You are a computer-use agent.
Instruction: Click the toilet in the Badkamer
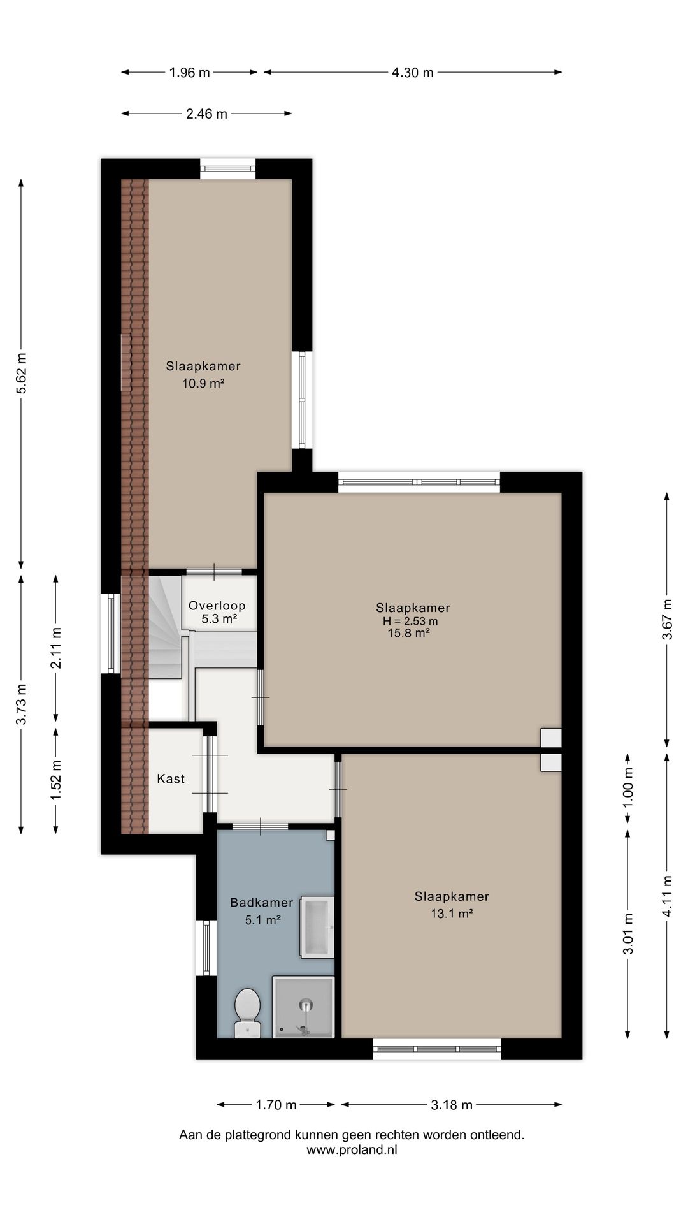point(247,1013)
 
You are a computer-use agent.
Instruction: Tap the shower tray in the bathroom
point(304,1007)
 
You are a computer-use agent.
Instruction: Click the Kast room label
point(171,778)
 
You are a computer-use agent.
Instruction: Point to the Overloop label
point(217,606)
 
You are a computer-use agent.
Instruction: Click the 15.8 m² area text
point(408,633)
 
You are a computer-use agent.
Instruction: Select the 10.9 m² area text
point(203,383)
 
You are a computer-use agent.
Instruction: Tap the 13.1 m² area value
point(452,914)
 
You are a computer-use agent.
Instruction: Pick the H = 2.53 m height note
point(410,621)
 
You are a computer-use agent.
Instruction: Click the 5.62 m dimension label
point(22,374)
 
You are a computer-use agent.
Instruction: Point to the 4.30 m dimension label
point(412,73)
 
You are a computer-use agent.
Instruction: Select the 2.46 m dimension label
point(206,114)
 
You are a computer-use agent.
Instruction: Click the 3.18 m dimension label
point(452,1105)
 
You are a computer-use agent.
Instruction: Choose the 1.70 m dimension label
point(276,1105)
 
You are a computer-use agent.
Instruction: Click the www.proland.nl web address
point(352,1150)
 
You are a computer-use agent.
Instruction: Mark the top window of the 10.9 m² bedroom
point(227,169)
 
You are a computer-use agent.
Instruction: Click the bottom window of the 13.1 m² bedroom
point(437,1049)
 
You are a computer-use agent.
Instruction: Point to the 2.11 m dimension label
point(56,648)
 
